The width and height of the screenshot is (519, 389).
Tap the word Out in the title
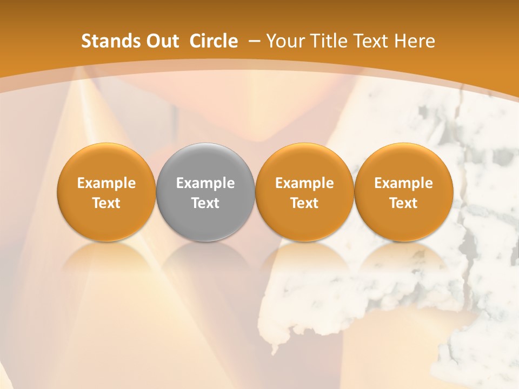(161, 41)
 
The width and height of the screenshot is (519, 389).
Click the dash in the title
(252, 41)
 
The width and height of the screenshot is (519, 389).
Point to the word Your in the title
(285, 41)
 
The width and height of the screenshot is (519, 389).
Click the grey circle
(205, 192)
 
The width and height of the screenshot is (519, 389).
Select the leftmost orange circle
(107, 192)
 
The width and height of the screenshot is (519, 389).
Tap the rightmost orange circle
(403, 192)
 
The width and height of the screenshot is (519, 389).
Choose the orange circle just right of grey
(304, 192)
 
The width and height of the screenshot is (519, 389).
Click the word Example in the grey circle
(205, 183)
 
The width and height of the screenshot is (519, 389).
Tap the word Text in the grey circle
(205, 203)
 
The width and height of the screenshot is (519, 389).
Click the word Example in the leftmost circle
(107, 183)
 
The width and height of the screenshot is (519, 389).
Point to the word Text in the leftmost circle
(107, 203)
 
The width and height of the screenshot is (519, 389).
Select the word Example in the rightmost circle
(403, 183)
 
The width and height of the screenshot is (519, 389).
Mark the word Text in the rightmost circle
(403, 203)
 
